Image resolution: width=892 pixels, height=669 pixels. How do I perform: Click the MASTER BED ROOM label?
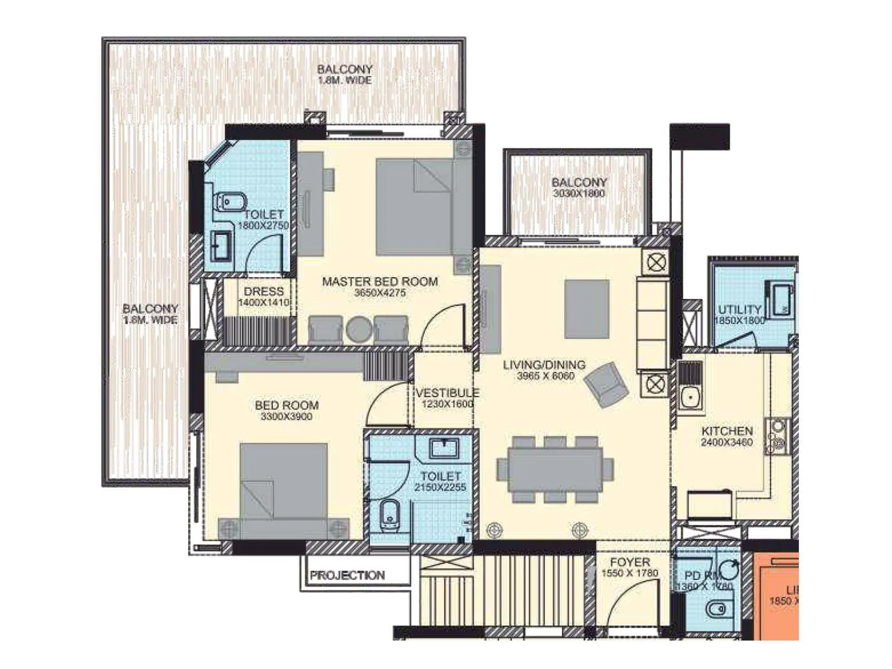pyautogui.click(x=380, y=282)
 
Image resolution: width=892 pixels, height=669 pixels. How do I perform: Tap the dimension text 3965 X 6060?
pyautogui.click(x=545, y=376)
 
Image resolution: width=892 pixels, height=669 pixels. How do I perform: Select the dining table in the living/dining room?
pyautogui.click(x=555, y=469)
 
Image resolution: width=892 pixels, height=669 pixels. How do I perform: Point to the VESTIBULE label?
pyautogui.click(x=447, y=392)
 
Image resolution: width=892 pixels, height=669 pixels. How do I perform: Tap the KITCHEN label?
pyautogui.click(x=727, y=431)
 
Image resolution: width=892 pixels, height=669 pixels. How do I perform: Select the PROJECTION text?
pyautogui.click(x=347, y=575)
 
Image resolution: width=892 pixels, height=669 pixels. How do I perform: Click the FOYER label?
pyautogui.click(x=630, y=562)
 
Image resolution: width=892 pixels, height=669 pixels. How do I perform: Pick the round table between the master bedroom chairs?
pyautogui.click(x=358, y=329)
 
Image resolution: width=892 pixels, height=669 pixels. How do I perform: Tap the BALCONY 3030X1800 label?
pyautogui.click(x=579, y=182)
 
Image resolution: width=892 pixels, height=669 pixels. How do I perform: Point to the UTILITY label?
pyautogui.click(x=739, y=309)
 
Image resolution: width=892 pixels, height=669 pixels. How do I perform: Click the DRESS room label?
pyautogui.click(x=264, y=292)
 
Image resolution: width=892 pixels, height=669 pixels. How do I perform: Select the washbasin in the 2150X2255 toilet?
pyautogui.click(x=444, y=448)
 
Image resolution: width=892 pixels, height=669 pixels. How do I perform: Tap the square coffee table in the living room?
pyautogui.click(x=586, y=308)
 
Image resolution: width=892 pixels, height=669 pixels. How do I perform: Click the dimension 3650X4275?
pyautogui.click(x=380, y=293)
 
